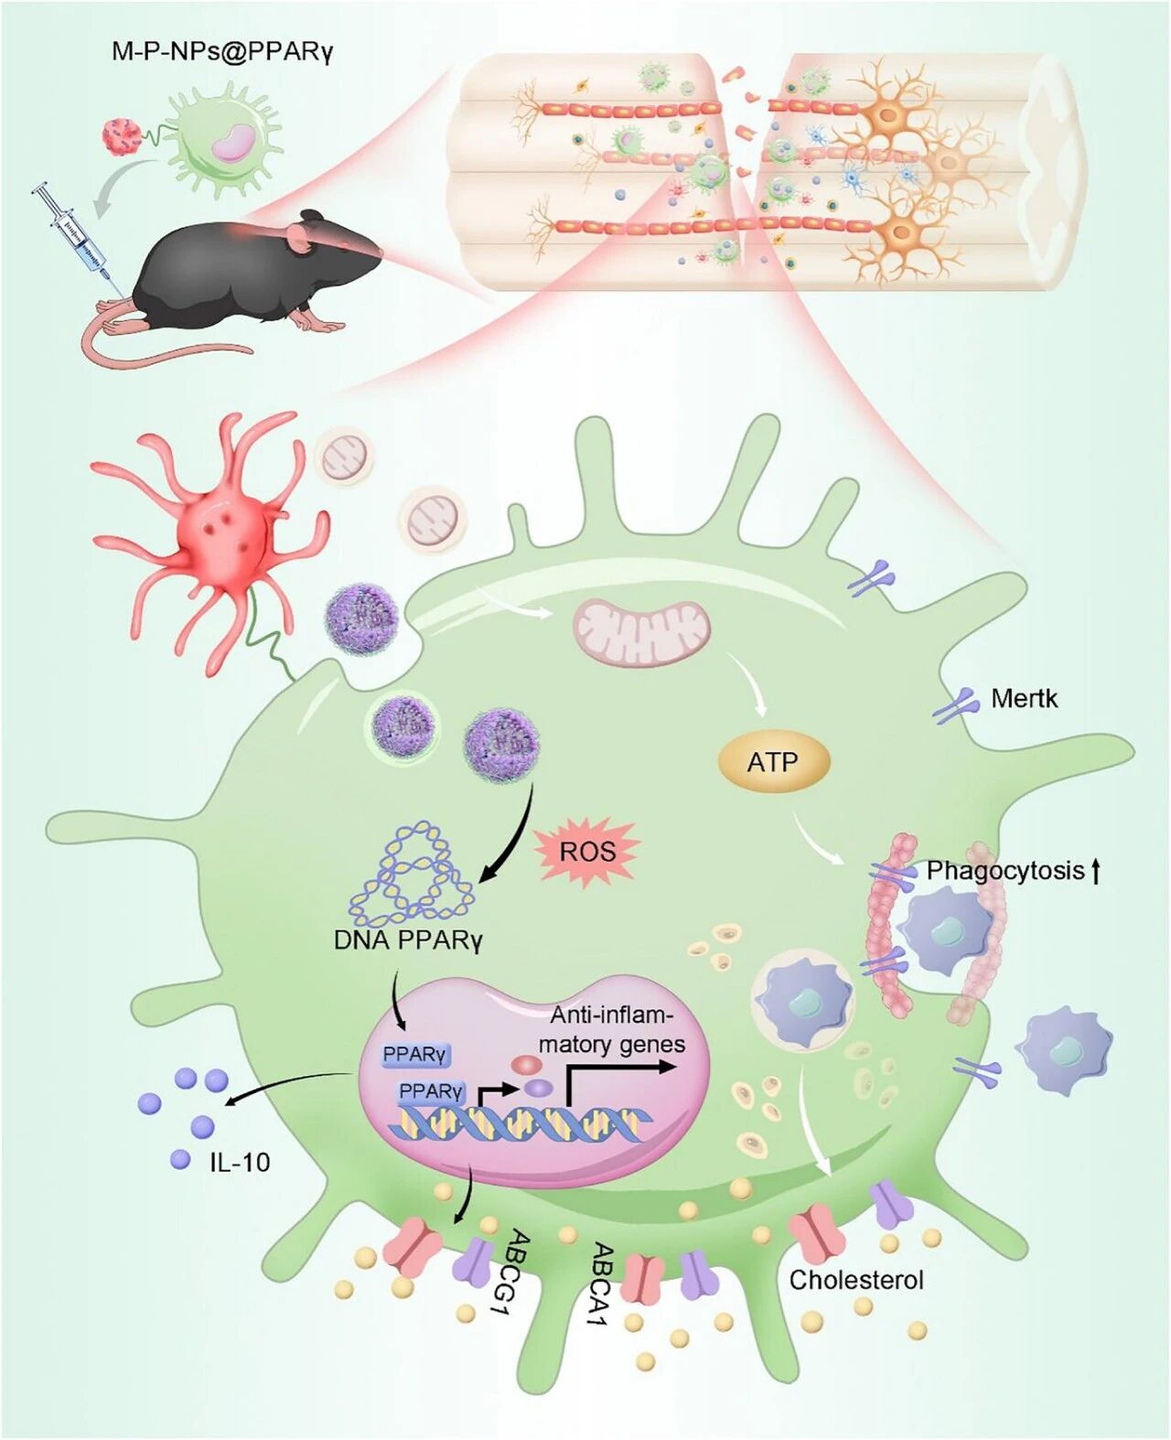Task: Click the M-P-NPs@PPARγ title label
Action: [222, 50]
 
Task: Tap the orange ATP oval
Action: [773, 761]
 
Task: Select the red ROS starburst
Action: [587, 852]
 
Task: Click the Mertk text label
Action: [1024, 699]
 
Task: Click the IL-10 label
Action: [240, 1162]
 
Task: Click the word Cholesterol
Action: [856, 1279]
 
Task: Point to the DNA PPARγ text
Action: [407, 940]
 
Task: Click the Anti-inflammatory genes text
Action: [612, 1030]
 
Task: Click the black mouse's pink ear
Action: [302, 240]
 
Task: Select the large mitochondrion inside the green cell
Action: [641, 632]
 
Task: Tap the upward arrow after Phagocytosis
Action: [1095, 870]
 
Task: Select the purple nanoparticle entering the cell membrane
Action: [362, 615]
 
